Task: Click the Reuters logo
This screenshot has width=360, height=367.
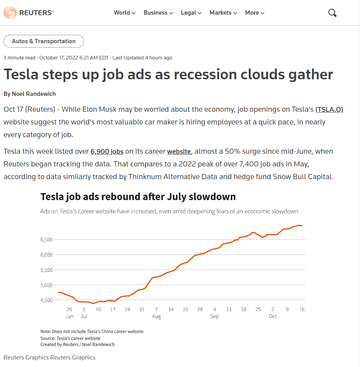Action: coord(29,13)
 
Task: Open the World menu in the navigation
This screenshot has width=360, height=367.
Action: coord(124,13)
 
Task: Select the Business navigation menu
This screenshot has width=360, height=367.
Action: coord(158,13)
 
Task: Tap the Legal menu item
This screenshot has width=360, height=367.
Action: coord(191,13)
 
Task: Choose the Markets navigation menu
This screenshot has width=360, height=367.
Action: coord(223,13)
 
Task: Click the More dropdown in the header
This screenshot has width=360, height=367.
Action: coord(254,13)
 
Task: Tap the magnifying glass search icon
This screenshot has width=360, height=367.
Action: coord(332,13)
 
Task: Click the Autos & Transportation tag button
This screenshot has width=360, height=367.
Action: coord(44,41)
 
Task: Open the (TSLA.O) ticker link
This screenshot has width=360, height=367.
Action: coord(329,109)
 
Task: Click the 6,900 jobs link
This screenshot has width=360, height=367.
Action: coord(107,151)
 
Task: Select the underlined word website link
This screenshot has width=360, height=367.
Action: coord(179,151)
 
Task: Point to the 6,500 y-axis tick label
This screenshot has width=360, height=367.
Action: coord(47,240)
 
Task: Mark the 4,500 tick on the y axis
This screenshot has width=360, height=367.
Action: coord(47,300)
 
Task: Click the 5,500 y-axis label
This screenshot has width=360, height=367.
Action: coord(47,270)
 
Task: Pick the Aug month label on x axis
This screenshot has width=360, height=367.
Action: coord(156,316)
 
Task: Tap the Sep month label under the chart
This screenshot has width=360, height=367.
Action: coord(214,316)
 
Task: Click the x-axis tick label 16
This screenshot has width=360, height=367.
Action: coord(302,309)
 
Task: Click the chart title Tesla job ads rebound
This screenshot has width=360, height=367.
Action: coord(138,197)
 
